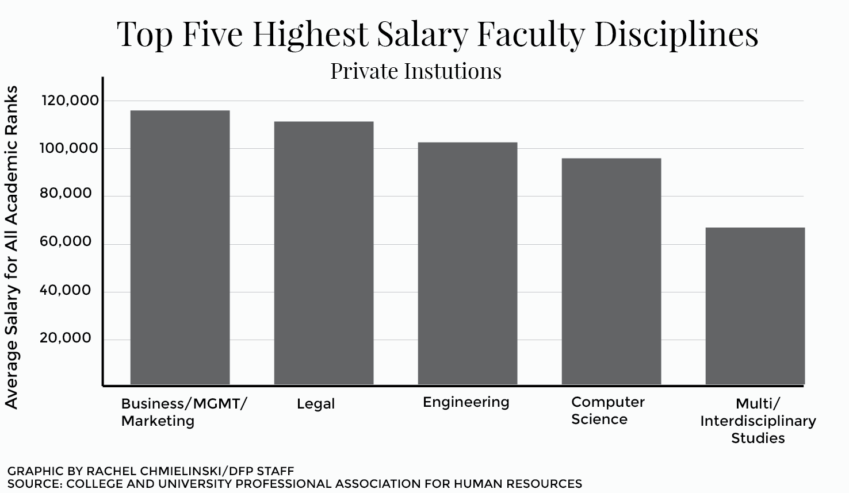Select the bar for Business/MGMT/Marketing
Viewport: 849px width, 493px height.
(180, 247)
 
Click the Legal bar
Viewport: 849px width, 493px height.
(324, 253)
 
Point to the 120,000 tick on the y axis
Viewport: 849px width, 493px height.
(70, 101)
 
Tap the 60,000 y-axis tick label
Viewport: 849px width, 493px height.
(66, 242)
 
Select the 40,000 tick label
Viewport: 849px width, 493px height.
(66, 290)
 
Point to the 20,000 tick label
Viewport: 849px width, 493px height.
(66, 338)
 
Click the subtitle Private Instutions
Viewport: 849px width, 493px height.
(415, 71)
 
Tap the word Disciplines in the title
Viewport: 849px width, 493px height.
(676, 34)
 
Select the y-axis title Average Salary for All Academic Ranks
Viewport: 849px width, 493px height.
(12, 247)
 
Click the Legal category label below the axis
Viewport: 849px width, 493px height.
(315, 404)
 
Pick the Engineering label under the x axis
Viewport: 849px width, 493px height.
(466, 402)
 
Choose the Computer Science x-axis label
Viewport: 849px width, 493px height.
(607, 411)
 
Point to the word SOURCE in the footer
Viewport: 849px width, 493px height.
(33, 484)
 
